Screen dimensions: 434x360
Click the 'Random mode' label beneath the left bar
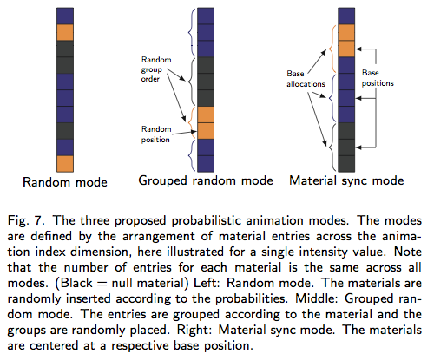click(65, 182)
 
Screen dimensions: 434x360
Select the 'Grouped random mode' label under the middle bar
click(206, 181)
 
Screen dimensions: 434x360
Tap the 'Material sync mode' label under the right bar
click(346, 181)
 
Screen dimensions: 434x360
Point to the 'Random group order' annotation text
click(156, 69)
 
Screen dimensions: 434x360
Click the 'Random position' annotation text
click(156, 134)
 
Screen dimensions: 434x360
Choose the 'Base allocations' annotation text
click(306, 79)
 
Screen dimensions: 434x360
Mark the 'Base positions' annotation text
click(378, 78)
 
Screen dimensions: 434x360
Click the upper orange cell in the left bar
click(65, 32)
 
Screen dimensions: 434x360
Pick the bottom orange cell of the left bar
click(65, 164)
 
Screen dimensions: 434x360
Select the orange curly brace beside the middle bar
click(190, 123)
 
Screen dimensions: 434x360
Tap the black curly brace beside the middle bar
click(190, 82)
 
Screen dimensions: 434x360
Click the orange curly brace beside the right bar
click(332, 49)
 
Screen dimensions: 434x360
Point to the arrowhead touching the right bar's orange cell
click(358, 49)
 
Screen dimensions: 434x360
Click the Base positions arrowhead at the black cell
click(358, 147)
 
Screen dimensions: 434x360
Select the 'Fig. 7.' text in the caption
click(27, 221)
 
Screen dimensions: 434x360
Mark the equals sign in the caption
click(102, 284)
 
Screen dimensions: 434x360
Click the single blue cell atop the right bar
click(346, 16)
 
